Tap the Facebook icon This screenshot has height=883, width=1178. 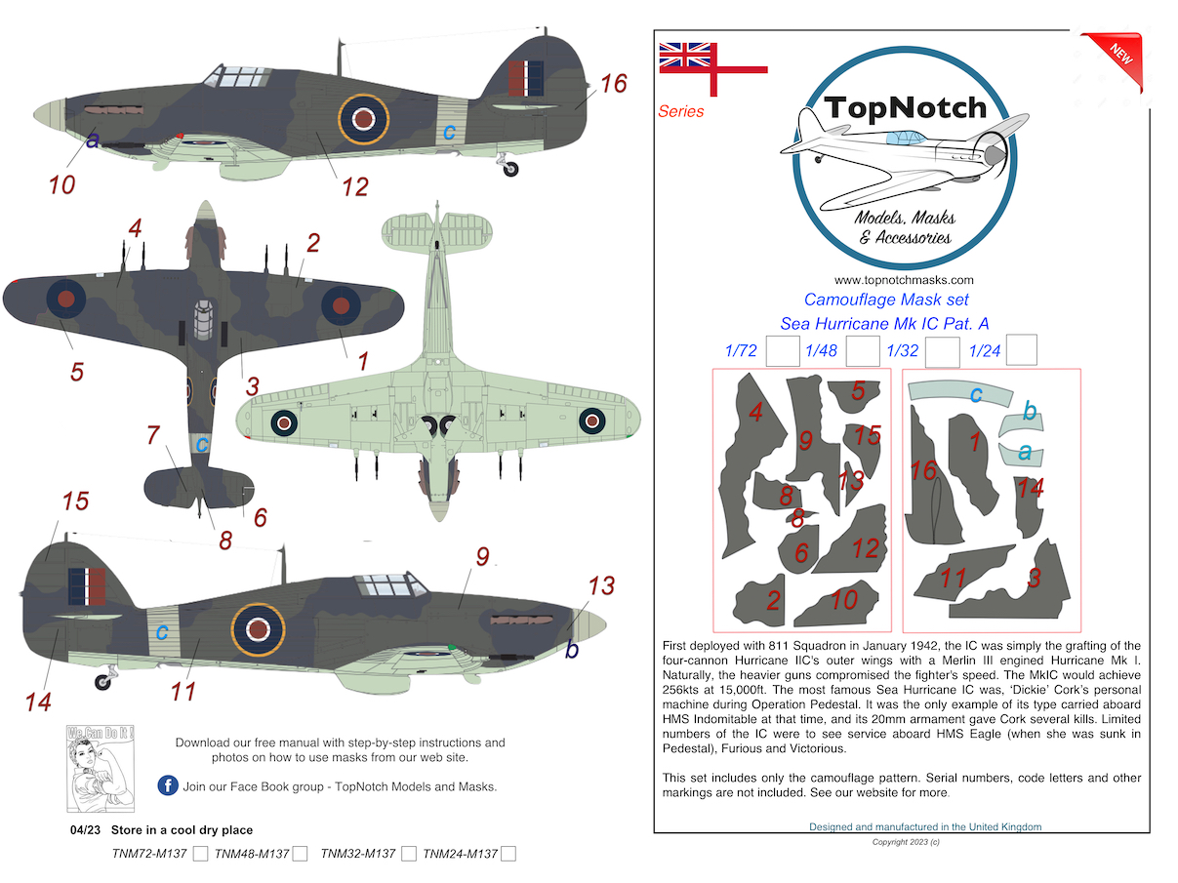(168, 785)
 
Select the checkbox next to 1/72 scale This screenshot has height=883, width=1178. (783, 351)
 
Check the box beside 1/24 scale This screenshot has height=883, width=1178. (1021, 349)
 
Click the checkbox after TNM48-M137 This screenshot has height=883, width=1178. (300, 853)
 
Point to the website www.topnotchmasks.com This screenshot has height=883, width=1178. (904, 280)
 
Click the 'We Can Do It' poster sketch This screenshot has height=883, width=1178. (101, 768)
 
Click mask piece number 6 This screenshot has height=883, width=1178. (798, 548)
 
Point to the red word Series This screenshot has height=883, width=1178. (680, 111)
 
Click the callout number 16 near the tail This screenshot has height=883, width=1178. (614, 84)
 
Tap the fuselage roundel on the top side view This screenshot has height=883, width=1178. (363, 119)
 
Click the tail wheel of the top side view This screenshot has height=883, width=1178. (510, 169)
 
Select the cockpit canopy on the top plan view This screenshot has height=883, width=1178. (203, 320)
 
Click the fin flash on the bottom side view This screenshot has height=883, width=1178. (87, 586)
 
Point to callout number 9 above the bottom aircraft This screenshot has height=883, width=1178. (482, 556)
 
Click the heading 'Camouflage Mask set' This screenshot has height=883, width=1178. (886, 300)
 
